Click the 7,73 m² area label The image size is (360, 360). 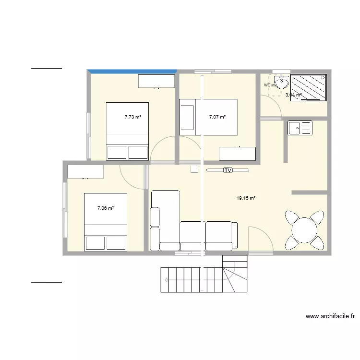pyautogui.click(x=133, y=117)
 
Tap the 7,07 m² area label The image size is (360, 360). pyautogui.click(x=217, y=117)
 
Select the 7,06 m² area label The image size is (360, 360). pyautogui.click(x=105, y=208)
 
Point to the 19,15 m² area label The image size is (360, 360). pyautogui.click(x=246, y=198)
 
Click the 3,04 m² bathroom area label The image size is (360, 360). pyautogui.click(x=293, y=95)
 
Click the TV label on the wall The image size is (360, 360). pyautogui.click(x=228, y=170)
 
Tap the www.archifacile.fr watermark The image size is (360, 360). pyautogui.click(x=330, y=316)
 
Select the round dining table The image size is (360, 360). pyautogui.click(x=303, y=230)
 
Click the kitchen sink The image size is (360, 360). pyautogui.click(x=300, y=128)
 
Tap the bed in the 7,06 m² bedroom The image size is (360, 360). pyautogui.click(x=105, y=222)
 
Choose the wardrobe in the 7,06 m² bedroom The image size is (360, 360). pyautogui.click(x=85, y=171)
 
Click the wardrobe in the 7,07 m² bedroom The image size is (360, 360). pyautogui.click(x=237, y=154)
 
